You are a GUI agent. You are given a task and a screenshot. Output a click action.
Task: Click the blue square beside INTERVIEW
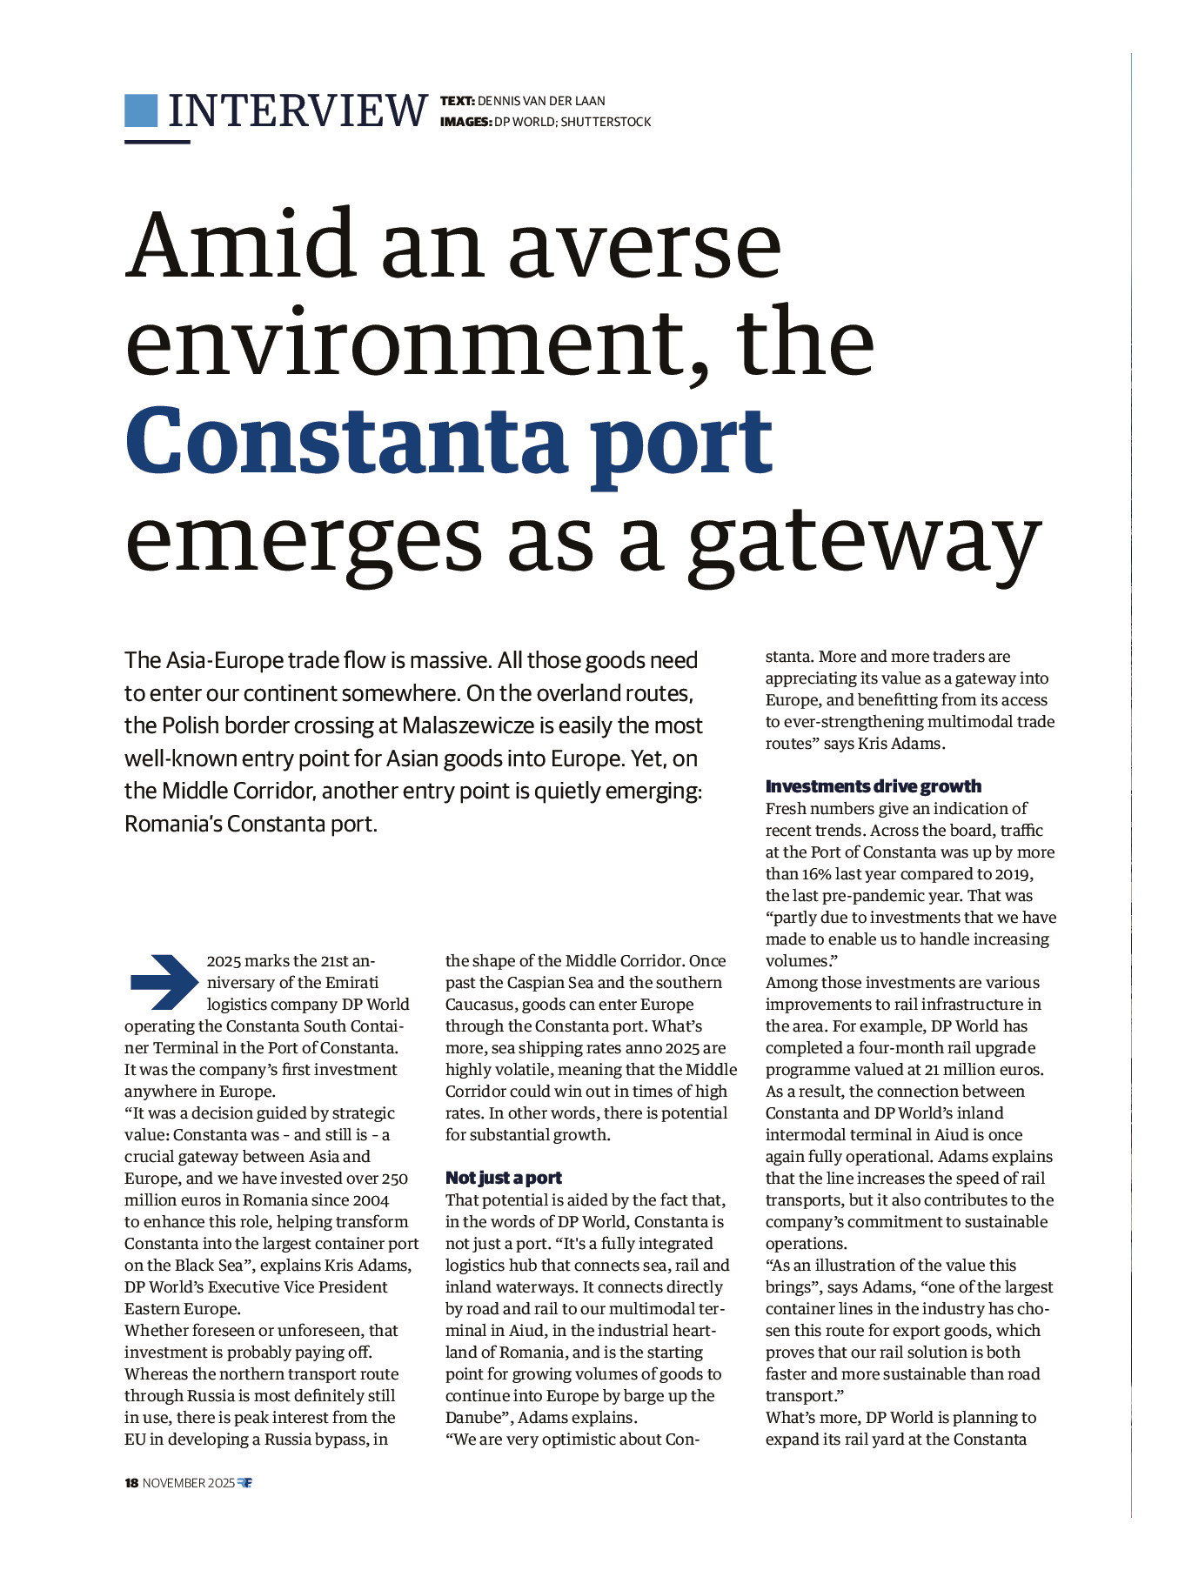click(x=141, y=110)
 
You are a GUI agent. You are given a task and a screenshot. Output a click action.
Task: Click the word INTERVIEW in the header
click(x=298, y=111)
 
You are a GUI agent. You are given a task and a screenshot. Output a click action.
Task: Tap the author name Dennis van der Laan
click(x=541, y=101)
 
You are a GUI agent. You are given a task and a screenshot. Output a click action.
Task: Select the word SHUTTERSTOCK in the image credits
click(x=606, y=122)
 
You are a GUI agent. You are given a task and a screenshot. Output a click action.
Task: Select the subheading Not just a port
click(x=504, y=1178)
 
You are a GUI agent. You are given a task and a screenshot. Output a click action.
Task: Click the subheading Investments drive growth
click(x=873, y=786)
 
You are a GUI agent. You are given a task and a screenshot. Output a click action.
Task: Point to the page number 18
click(x=131, y=1483)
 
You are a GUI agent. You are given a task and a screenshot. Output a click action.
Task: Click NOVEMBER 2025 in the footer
click(x=189, y=1483)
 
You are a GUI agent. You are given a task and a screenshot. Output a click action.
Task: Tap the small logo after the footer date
click(x=244, y=1483)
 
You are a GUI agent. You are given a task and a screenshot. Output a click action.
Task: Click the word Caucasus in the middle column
click(x=481, y=1004)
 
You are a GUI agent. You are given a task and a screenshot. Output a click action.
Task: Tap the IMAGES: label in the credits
click(x=466, y=122)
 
